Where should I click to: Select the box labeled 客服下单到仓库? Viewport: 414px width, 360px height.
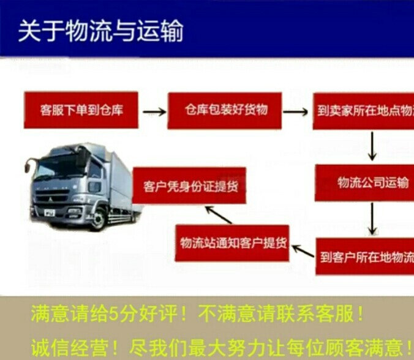(81, 111)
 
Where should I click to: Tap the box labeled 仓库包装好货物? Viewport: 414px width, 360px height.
(224, 110)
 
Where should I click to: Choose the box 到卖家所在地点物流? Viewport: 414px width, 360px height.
(363, 112)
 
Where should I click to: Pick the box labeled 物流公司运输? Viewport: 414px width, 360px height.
(364, 183)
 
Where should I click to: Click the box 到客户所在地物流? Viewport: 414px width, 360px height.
(365, 255)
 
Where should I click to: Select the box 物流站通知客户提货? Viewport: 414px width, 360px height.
(232, 243)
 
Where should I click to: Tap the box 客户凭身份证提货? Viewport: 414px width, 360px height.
(189, 186)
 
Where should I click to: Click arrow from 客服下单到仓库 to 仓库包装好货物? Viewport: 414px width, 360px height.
(154, 112)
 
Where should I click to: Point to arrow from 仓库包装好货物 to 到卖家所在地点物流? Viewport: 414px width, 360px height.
(296, 112)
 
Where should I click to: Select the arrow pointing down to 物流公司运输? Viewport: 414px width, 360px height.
(371, 146)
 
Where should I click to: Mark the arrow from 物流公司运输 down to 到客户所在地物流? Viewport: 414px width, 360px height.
(371, 219)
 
